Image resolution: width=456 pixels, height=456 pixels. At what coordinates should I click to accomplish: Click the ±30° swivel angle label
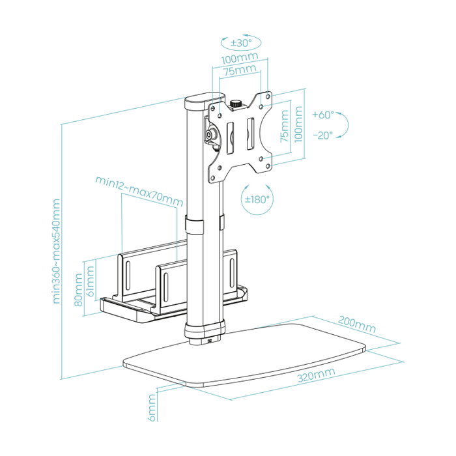click(x=240, y=43)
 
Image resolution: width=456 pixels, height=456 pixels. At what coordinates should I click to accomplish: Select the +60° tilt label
click(x=322, y=115)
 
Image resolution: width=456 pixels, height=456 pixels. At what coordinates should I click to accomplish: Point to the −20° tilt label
click(x=322, y=135)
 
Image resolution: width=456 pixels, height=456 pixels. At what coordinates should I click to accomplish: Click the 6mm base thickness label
click(x=152, y=407)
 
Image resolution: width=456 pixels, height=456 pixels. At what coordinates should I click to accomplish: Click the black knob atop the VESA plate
click(x=236, y=103)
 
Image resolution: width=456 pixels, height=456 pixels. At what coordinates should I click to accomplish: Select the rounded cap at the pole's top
click(x=199, y=103)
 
